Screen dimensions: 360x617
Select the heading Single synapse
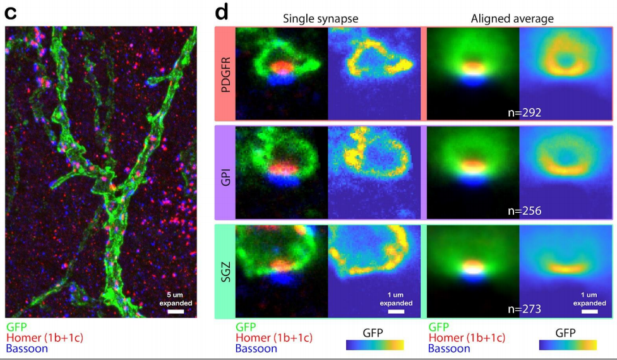[x=320, y=18]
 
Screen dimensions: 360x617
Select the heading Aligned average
[x=512, y=18]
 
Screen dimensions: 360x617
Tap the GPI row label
[x=225, y=172]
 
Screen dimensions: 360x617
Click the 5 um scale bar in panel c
[x=176, y=311]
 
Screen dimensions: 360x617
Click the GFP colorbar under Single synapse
[x=374, y=345]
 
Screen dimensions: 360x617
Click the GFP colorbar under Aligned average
[x=568, y=345]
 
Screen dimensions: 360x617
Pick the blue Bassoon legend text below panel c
[x=26, y=348]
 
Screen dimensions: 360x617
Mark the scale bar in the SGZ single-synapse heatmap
[x=396, y=311]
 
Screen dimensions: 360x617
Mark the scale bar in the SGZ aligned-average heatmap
[x=589, y=311]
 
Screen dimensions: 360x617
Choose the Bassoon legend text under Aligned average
[x=449, y=348]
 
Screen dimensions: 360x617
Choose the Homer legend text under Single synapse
[x=273, y=338]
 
